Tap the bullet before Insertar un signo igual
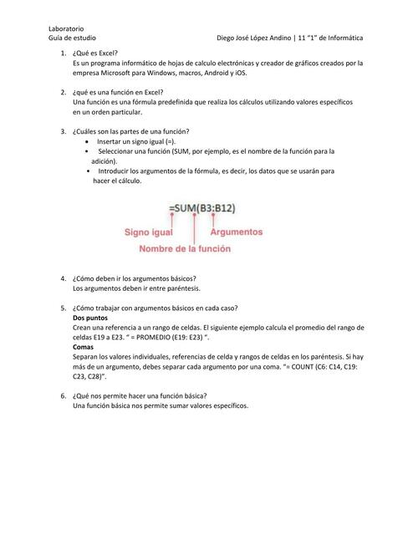coord(89,142)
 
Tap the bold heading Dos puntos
coord(90,318)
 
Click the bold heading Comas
coord(84,347)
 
